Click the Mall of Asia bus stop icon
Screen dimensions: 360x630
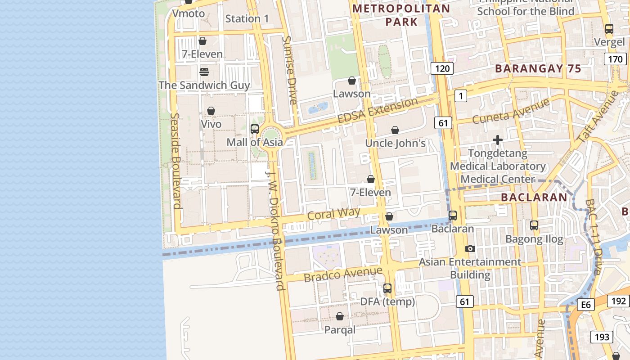click(254, 129)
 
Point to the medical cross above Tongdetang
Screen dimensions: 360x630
click(498, 140)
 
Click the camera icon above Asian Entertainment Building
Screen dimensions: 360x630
click(470, 249)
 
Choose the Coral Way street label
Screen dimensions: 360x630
click(333, 213)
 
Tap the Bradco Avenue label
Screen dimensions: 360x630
click(343, 274)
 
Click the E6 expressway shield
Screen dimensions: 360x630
click(585, 305)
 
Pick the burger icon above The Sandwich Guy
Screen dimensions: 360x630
click(204, 72)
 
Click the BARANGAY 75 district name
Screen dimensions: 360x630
click(538, 69)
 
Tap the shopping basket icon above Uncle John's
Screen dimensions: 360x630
click(395, 130)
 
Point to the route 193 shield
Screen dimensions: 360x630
click(602, 337)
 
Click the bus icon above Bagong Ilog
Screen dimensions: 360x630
click(534, 225)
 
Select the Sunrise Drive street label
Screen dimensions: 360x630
click(290, 70)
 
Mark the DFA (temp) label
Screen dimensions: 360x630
click(387, 301)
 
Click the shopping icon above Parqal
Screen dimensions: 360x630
click(340, 317)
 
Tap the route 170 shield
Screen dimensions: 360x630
click(615, 59)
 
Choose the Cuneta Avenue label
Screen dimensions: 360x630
click(509, 111)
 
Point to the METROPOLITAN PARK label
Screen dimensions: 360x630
click(401, 15)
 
